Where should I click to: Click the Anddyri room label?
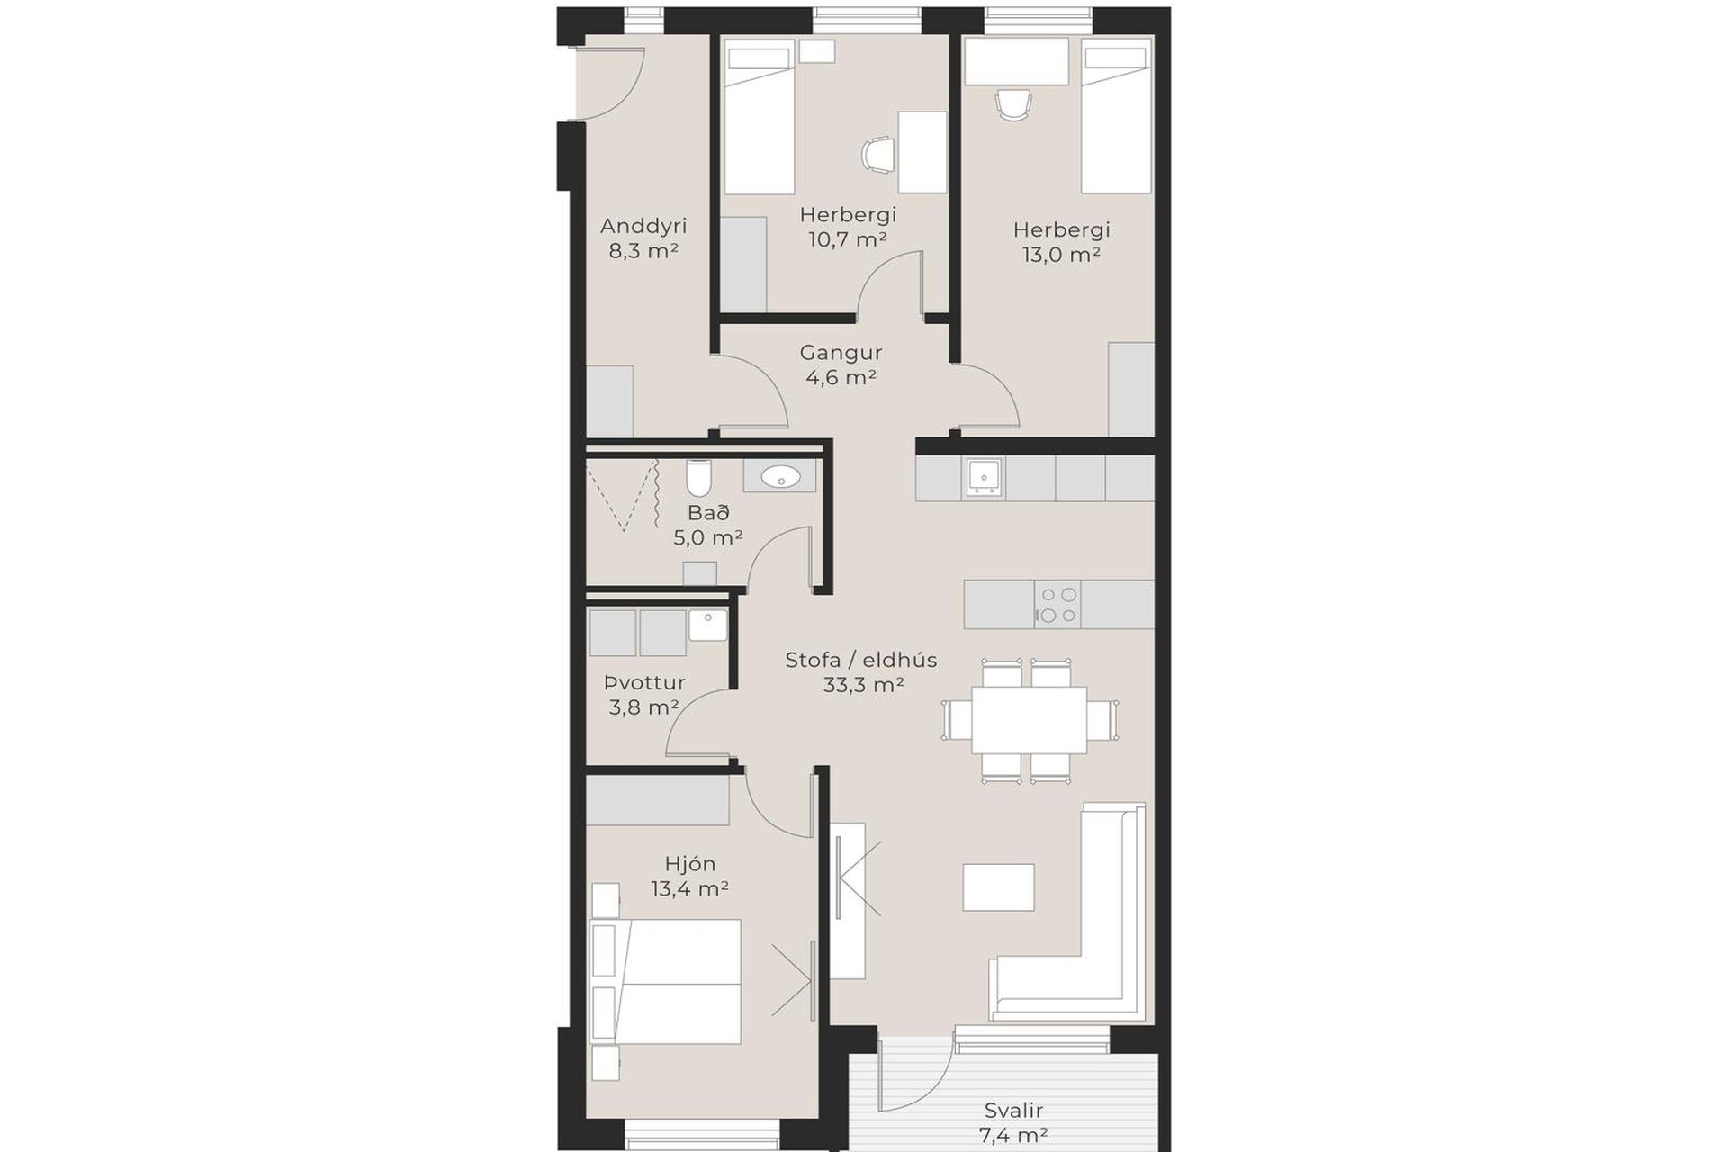(x=643, y=226)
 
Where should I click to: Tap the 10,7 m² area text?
(x=848, y=239)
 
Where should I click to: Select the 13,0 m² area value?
(x=1061, y=254)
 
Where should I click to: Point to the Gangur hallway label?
(x=841, y=353)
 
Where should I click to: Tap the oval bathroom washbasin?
(x=779, y=476)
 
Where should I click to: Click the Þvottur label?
(x=644, y=682)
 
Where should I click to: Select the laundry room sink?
(x=708, y=625)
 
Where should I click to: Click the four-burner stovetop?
(x=1057, y=605)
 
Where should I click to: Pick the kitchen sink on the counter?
(x=984, y=477)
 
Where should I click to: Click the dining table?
(x=1029, y=719)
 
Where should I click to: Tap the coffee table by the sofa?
(x=998, y=887)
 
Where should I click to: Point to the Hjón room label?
(x=690, y=864)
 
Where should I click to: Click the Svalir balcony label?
(x=1013, y=1111)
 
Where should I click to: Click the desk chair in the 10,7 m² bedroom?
(x=877, y=154)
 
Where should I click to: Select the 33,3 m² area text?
(x=863, y=685)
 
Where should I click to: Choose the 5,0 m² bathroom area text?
(x=708, y=538)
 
